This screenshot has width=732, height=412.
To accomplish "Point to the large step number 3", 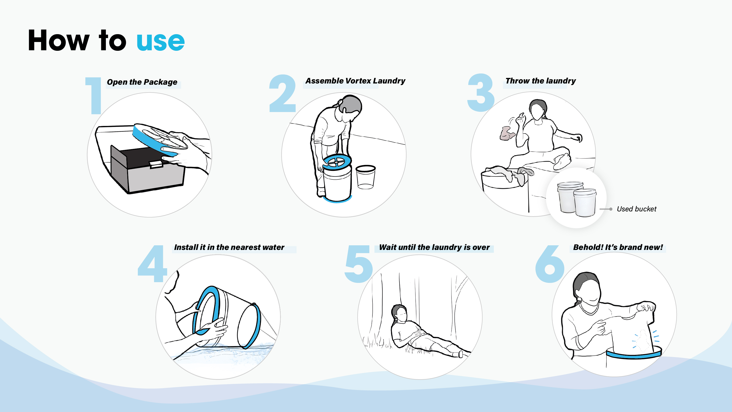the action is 481,93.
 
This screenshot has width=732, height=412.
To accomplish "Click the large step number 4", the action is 152,264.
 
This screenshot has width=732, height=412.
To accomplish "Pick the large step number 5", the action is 359,264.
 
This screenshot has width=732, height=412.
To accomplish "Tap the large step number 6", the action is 550,264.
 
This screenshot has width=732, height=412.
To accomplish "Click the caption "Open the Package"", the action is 142,82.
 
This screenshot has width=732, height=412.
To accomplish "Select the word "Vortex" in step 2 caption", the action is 358,81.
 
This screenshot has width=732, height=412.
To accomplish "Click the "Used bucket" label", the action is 637,209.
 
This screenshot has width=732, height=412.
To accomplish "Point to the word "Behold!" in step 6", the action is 588,247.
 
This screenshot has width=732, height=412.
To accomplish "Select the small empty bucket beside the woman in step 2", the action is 366,177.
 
